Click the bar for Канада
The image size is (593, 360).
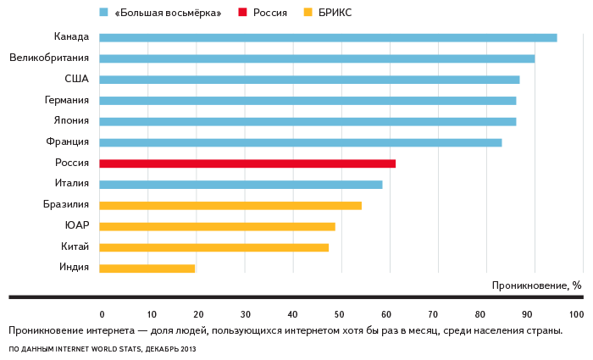click(x=328, y=37)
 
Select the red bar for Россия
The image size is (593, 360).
click(x=247, y=163)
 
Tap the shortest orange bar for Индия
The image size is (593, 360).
click(x=147, y=269)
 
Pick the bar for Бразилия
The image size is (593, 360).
click(x=230, y=205)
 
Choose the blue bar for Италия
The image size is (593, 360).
click(x=241, y=185)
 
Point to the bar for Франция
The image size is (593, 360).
click(x=301, y=142)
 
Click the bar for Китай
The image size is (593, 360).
click(x=213, y=247)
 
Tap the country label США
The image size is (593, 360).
click(x=76, y=79)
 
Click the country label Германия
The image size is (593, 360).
click(x=67, y=100)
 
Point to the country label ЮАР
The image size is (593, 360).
click(x=76, y=226)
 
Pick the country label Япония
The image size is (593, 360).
click(x=71, y=121)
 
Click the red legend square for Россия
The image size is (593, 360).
click(x=242, y=13)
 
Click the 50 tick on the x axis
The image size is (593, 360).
click(x=342, y=314)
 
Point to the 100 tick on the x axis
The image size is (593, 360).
click(x=577, y=314)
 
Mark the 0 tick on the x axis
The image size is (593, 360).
click(x=102, y=314)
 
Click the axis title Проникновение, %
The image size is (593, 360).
click(x=536, y=285)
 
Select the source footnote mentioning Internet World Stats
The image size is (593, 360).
click(x=102, y=349)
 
